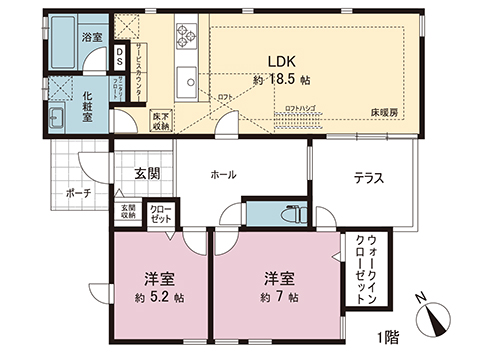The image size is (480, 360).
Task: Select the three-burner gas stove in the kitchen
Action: (188, 37)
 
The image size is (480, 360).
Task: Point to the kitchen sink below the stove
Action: (186, 81)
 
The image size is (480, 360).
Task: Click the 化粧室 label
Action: (89, 106)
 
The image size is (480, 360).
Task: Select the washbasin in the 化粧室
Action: (56, 119)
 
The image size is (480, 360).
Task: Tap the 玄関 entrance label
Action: (146, 173)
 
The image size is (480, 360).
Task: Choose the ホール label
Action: (223, 175)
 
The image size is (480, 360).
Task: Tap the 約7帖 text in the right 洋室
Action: (279, 296)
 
